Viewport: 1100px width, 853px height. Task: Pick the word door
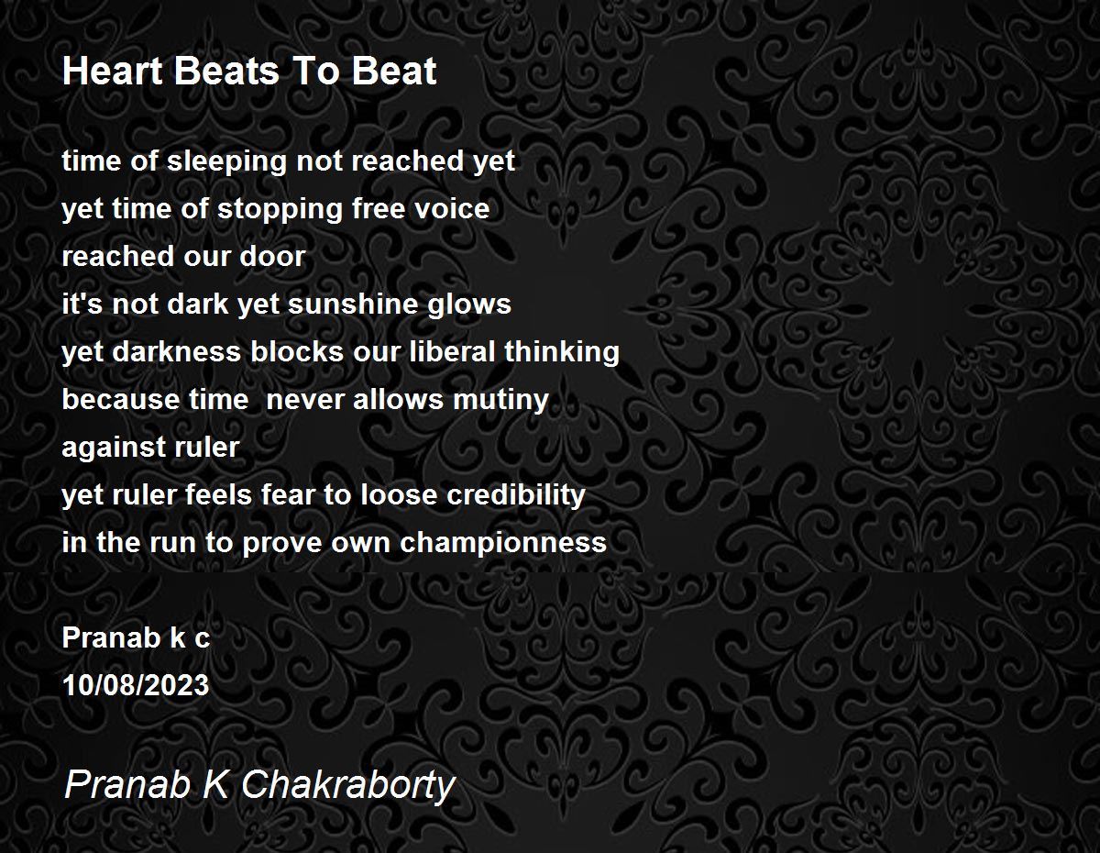click(x=272, y=256)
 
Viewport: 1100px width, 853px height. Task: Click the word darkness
click(x=176, y=351)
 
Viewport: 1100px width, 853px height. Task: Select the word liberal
click(x=452, y=351)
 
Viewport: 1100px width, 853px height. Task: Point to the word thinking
click(x=562, y=352)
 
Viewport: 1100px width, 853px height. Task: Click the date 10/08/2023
click(x=136, y=685)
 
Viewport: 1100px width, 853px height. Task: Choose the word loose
click(x=399, y=495)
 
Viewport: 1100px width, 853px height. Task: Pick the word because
click(x=121, y=400)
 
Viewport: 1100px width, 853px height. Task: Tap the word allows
click(x=398, y=400)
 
